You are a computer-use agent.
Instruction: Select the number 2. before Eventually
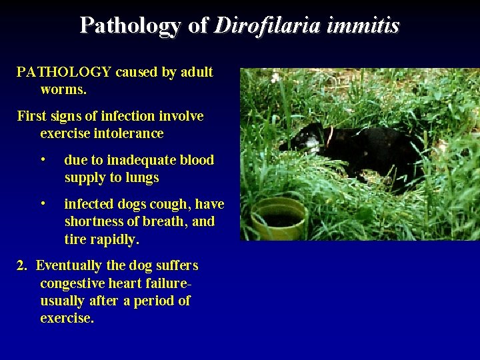[x=22, y=265]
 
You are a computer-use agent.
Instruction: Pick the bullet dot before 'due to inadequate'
[x=43, y=161]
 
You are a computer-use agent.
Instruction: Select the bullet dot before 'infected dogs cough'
[x=43, y=204]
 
